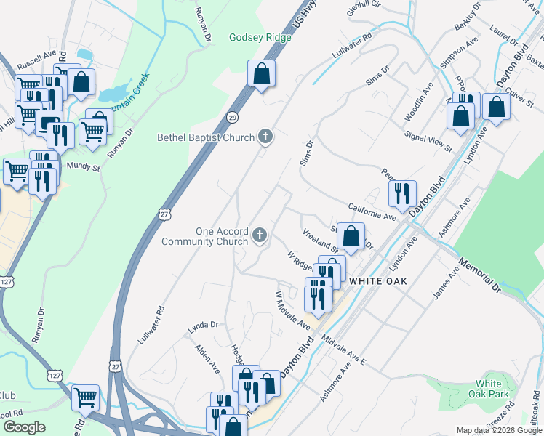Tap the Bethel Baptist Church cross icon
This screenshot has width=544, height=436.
point(266,137)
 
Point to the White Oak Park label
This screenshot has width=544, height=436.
point(489,389)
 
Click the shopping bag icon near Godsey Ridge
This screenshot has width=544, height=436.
point(261,73)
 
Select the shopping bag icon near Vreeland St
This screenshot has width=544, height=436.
point(351,236)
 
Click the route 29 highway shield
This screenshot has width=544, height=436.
point(232,117)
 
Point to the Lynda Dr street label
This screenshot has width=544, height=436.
point(203,325)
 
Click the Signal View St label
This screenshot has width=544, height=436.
point(428,143)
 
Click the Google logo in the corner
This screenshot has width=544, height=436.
point(23,427)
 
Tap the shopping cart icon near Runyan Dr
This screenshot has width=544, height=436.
point(92,132)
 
